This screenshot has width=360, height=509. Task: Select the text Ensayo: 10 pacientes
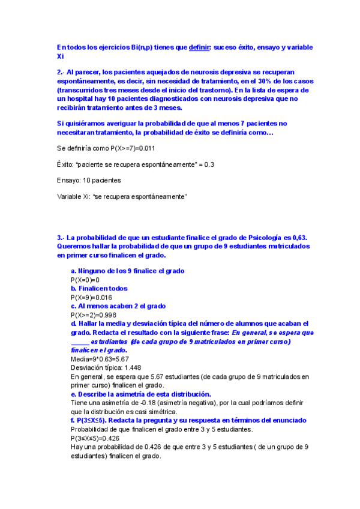[x=89, y=180]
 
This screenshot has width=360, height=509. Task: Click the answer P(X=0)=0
[x=85, y=280]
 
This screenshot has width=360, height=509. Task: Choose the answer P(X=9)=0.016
[x=91, y=297]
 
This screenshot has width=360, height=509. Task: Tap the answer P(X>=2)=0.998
[x=93, y=315]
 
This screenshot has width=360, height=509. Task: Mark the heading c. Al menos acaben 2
[x=118, y=306]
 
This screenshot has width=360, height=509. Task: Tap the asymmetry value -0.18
[x=139, y=403]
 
